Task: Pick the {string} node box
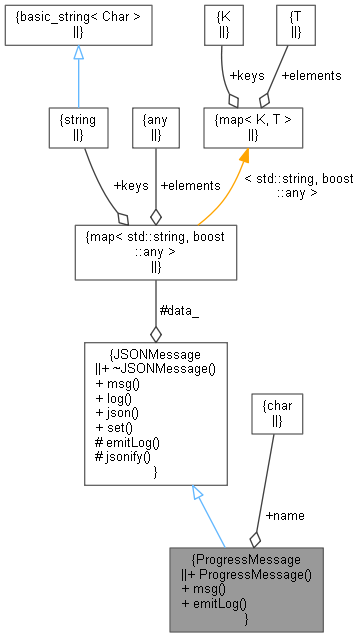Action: point(78,126)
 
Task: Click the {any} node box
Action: point(155,126)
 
